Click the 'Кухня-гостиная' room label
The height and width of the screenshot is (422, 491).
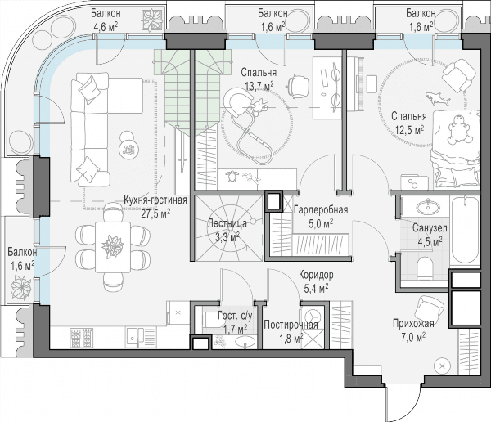[x=155, y=200]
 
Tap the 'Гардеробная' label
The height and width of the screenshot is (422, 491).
[x=321, y=209]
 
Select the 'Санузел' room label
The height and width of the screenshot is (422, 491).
[x=430, y=228]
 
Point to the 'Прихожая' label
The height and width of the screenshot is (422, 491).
[x=413, y=323]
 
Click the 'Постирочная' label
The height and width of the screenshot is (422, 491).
[x=291, y=325]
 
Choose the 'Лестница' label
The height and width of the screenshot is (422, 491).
[x=227, y=223]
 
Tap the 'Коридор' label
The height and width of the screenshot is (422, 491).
[x=316, y=275]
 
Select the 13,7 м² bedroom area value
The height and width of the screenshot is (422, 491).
[x=259, y=86]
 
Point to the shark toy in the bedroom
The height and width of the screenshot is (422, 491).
[x=438, y=98]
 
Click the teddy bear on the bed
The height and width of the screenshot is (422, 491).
[x=459, y=131]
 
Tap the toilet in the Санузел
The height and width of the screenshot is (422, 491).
[x=424, y=267]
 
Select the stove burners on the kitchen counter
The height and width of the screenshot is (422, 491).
[x=81, y=338]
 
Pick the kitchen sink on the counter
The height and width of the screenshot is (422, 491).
[x=141, y=337]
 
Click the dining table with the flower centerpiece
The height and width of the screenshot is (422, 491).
[x=113, y=247]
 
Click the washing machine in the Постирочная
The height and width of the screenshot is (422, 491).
[x=312, y=315]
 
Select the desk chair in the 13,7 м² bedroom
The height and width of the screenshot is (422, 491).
[x=299, y=86]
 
